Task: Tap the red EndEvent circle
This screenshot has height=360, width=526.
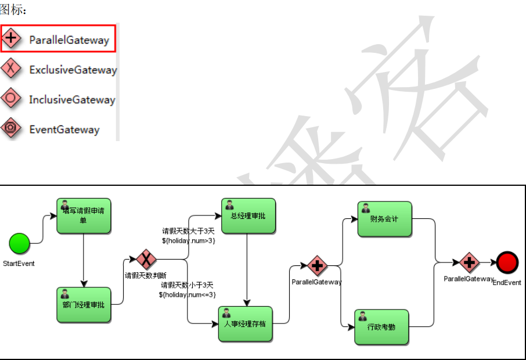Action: (507, 262)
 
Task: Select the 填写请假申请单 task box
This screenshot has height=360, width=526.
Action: (84, 216)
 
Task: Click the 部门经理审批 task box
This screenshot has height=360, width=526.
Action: (84, 304)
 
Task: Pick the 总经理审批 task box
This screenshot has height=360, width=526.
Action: (248, 216)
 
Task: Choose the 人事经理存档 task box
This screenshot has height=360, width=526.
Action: (245, 323)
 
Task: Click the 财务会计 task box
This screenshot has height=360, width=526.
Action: (384, 219)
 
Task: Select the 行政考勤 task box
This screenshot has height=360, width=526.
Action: (381, 327)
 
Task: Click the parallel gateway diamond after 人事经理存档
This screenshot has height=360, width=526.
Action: (317, 266)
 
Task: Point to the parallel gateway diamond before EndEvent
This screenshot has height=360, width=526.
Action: (469, 262)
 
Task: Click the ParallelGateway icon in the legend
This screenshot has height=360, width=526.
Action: (11, 39)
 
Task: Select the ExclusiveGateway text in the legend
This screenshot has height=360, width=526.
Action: (73, 70)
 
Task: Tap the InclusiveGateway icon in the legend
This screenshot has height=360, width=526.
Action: (11, 99)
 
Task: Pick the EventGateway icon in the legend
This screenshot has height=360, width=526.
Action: (11, 128)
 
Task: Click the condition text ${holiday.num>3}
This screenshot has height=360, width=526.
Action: (188, 240)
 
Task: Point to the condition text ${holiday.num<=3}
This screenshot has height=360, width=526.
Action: (188, 294)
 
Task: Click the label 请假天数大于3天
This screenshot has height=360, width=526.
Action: (188, 231)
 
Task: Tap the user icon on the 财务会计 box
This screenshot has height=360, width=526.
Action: (365, 207)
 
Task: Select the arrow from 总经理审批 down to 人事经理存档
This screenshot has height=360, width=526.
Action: (247, 269)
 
